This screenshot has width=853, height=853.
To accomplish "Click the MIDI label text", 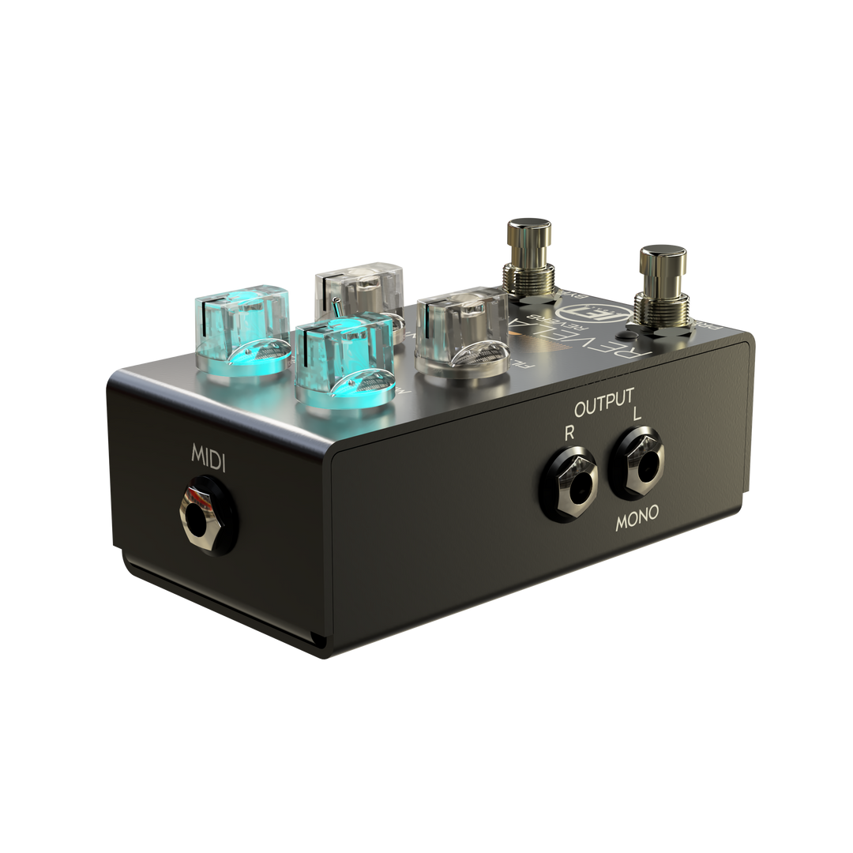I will (x=209, y=458).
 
